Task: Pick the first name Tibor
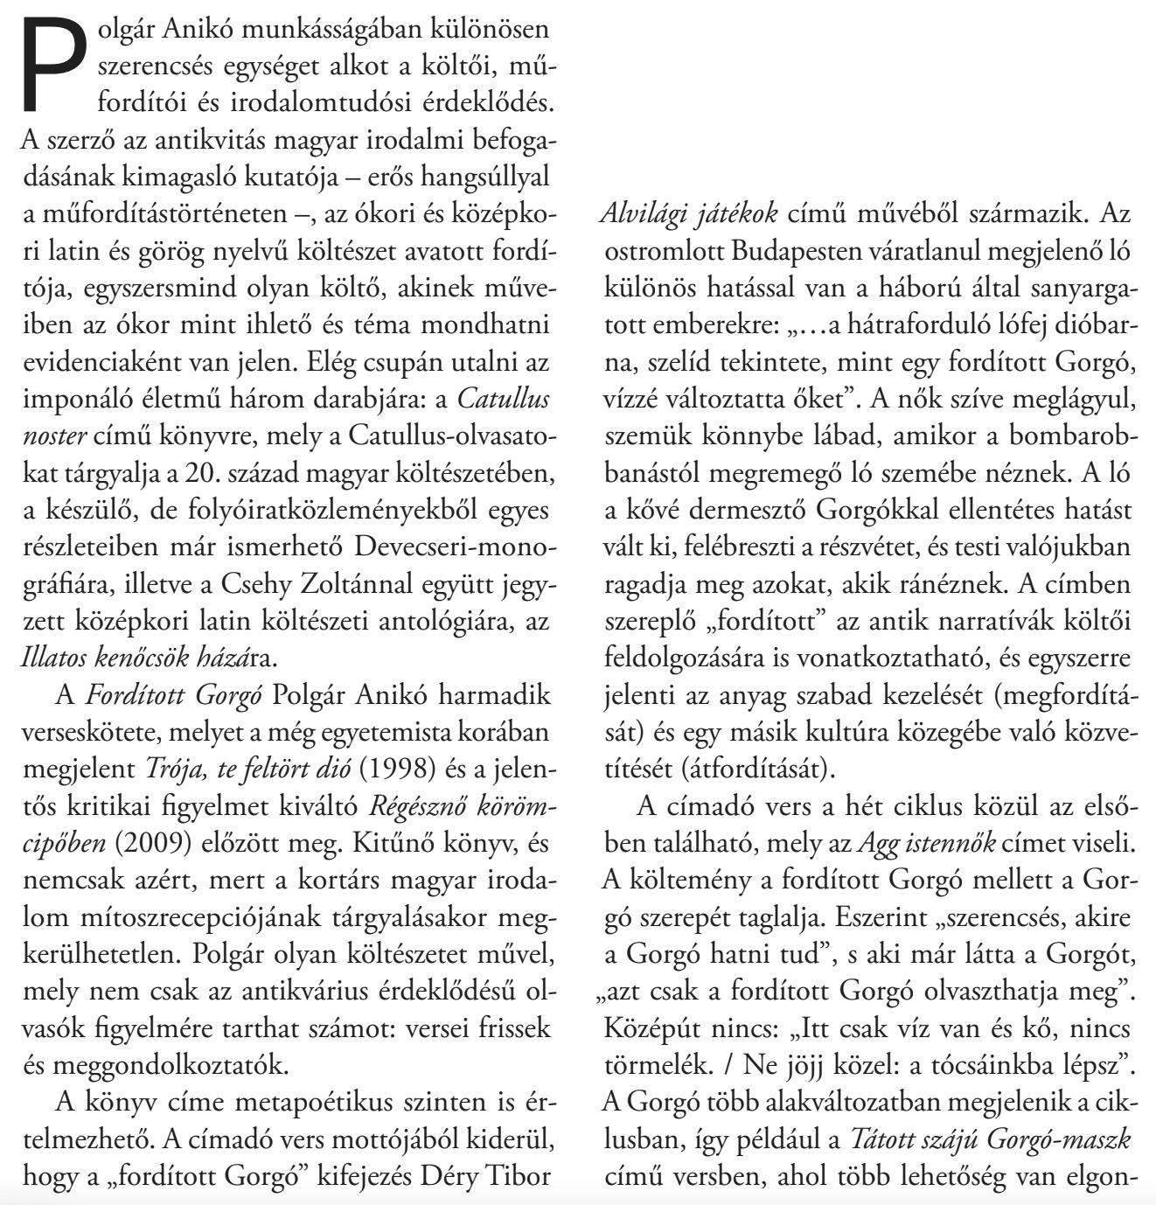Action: tap(516, 1176)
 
